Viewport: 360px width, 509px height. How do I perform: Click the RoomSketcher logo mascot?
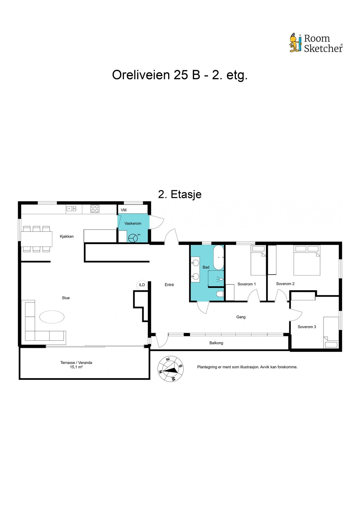click(x=296, y=43)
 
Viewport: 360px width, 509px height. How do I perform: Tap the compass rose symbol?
click(x=171, y=369)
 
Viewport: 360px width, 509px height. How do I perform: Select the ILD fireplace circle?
click(x=142, y=285)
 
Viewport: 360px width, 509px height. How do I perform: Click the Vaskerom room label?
click(x=133, y=223)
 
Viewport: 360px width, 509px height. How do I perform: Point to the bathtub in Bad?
click(x=218, y=257)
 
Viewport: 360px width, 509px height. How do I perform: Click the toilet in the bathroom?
click(x=220, y=294)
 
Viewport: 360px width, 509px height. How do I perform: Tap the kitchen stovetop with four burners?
click(x=95, y=209)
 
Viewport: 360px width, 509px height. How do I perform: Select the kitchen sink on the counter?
click(x=71, y=209)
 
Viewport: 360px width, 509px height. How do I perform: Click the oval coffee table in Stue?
click(x=52, y=317)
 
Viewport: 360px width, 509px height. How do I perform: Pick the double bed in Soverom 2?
click(x=307, y=260)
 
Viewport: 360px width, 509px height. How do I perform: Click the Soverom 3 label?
click(x=307, y=327)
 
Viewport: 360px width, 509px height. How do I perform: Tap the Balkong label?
click(x=216, y=343)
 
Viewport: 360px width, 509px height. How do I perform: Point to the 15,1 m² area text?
click(x=76, y=367)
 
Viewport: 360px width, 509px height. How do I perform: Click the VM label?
click(x=124, y=210)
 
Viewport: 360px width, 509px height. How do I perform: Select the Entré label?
click(x=169, y=285)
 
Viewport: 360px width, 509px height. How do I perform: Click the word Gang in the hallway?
click(x=241, y=317)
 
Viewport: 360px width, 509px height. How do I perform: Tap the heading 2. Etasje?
click(x=180, y=194)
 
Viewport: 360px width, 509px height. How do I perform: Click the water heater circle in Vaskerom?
click(x=133, y=238)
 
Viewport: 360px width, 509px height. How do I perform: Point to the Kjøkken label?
click(x=67, y=236)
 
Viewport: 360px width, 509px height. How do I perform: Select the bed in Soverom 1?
click(x=258, y=260)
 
